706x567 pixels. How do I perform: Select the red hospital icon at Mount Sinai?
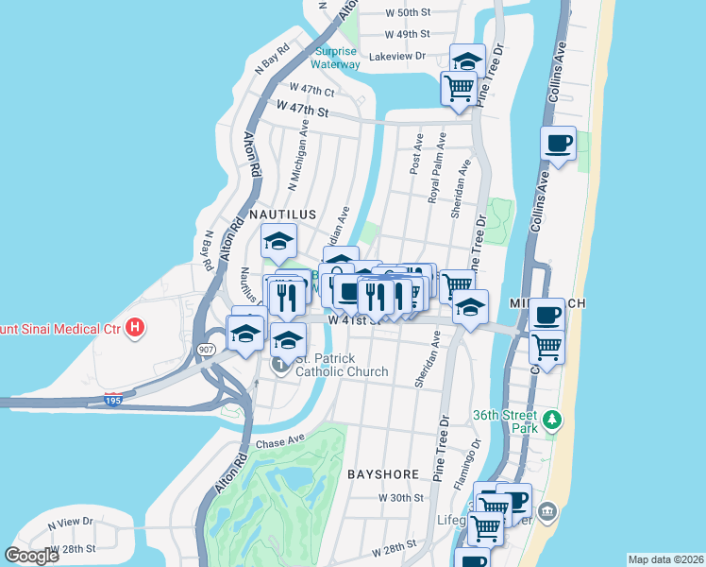click(x=137, y=328)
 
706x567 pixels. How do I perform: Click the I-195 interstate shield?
click(x=112, y=399)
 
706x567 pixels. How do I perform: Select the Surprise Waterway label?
click(x=337, y=58)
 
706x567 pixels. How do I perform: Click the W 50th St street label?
click(x=408, y=12)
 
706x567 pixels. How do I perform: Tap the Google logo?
click(x=32, y=555)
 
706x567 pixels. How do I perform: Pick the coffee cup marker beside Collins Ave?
click(x=558, y=144)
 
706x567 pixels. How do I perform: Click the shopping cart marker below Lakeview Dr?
click(x=459, y=90)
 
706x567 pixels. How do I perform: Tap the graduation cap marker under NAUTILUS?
click(x=278, y=241)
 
